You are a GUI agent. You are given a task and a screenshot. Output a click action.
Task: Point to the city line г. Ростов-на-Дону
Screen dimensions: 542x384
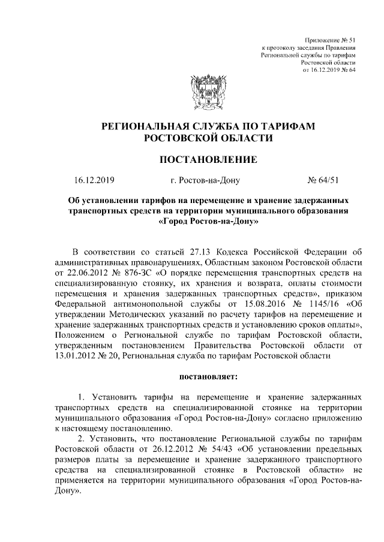click(206, 180)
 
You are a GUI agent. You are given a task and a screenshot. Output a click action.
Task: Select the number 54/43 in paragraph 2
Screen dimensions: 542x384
click(231, 448)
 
